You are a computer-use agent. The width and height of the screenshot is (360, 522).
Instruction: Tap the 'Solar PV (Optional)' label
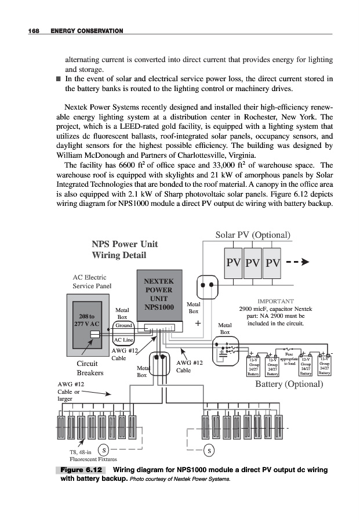tap(252, 235)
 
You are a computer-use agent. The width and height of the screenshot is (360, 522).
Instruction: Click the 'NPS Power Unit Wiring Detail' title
tap(125, 249)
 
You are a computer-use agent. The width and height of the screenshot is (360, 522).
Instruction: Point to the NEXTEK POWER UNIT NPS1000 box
tap(159, 298)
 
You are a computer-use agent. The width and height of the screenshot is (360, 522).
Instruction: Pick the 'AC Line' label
tap(123, 340)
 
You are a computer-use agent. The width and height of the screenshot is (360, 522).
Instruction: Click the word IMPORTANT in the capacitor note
tap(275, 302)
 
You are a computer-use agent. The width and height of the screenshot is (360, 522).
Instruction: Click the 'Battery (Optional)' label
tap(289, 384)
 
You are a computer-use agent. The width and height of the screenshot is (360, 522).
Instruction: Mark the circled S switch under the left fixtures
tap(103, 449)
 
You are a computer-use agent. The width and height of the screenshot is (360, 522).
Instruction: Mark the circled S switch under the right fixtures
tap(209, 449)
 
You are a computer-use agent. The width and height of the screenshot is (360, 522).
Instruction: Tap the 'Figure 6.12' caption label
tap(80, 469)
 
